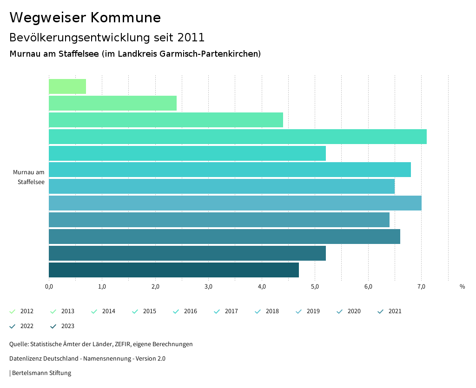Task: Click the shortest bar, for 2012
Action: (67, 86)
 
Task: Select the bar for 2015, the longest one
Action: (238, 137)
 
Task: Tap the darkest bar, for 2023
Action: (174, 270)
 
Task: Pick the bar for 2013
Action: (112, 103)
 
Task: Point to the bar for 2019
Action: (235, 203)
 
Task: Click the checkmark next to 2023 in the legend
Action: (53, 326)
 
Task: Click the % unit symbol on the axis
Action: (462, 287)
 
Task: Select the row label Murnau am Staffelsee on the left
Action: (29, 177)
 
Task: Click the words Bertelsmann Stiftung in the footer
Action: (41, 373)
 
